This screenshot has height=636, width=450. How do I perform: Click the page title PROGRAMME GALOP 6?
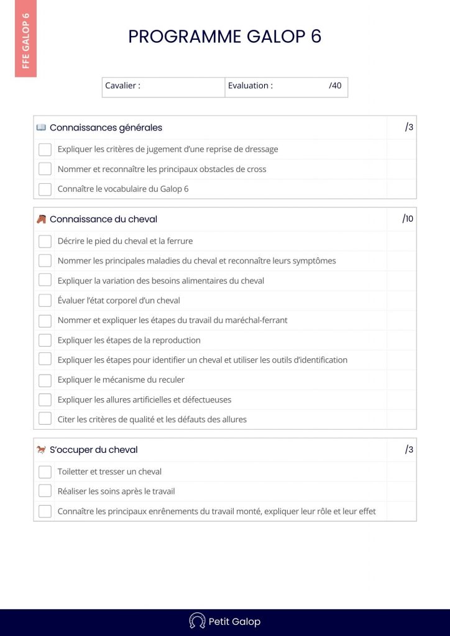(x=224, y=37)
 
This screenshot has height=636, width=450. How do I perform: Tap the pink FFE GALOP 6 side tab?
(x=25, y=39)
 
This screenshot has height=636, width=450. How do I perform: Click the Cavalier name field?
(x=180, y=86)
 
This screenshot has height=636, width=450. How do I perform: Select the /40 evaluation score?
(x=335, y=86)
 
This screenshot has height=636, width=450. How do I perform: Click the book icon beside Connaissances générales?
(x=41, y=127)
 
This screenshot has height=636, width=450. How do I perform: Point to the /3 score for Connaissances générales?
(x=409, y=127)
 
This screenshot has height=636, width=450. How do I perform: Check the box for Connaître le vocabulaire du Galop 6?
(x=45, y=189)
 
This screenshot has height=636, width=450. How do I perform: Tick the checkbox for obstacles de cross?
(x=45, y=169)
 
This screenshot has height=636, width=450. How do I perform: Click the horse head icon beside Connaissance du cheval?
(x=41, y=219)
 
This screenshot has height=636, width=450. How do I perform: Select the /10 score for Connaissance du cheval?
(x=408, y=219)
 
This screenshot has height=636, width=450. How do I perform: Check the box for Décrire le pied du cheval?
(x=45, y=241)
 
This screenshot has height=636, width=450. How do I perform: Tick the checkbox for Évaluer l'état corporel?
(x=45, y=301)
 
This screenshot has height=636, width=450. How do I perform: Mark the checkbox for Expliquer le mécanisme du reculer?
(x=45, y=380)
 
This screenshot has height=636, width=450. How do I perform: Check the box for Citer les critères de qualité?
(x=45, y=419)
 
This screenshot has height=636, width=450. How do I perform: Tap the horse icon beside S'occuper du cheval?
(x=41, y=450)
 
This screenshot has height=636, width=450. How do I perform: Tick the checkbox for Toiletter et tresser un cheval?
(x=45, y=472)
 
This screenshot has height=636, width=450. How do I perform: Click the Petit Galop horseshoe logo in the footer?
(x=197, y=621)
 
